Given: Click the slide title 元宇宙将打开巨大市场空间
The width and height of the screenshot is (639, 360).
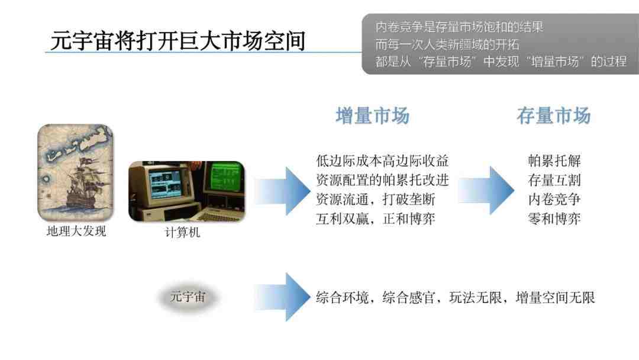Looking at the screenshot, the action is click(x=178, y=40).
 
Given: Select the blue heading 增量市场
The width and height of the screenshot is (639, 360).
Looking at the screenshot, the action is click(x=373, y=116).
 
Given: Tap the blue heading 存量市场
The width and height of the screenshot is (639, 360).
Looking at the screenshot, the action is click(x=553, y=116).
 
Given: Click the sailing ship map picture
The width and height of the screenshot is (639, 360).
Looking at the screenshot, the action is click(x=75, y=173).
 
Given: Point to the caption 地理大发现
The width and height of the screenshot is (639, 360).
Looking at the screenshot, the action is click(x=76, y=231).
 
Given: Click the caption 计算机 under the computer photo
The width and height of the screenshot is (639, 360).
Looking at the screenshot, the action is click(x=183, y=232).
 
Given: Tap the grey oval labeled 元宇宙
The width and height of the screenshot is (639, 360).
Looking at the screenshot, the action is click(x=188, y=297).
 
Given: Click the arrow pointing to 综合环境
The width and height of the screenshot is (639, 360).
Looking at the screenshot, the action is click(x=282, y=297).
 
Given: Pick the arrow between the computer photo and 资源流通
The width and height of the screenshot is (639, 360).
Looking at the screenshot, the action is click(x=282, y=191).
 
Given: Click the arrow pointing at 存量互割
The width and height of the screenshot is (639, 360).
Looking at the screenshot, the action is click(x=486, y=191).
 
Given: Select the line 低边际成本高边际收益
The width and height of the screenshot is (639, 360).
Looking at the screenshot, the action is click(x=382, y=160).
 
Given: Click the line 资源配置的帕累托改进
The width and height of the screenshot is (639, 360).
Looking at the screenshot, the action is click(x=382, y=180).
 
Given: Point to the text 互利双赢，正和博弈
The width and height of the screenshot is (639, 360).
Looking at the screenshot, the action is click(x=375, y=219).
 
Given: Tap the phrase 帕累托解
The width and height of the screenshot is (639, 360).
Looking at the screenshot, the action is click(x=554, y=160).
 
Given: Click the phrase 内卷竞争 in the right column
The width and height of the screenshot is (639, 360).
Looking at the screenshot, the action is click(x=554, y=200).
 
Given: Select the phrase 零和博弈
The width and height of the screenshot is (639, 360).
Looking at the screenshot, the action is click(x=554, y=219).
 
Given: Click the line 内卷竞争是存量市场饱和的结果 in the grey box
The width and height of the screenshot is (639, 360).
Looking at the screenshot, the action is click(x=459, y=27).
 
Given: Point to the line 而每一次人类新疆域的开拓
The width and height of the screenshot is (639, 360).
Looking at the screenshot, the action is click(x=447, y=44).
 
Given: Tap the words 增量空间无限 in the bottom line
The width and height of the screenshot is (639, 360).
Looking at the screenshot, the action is click(x=555, y=298).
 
